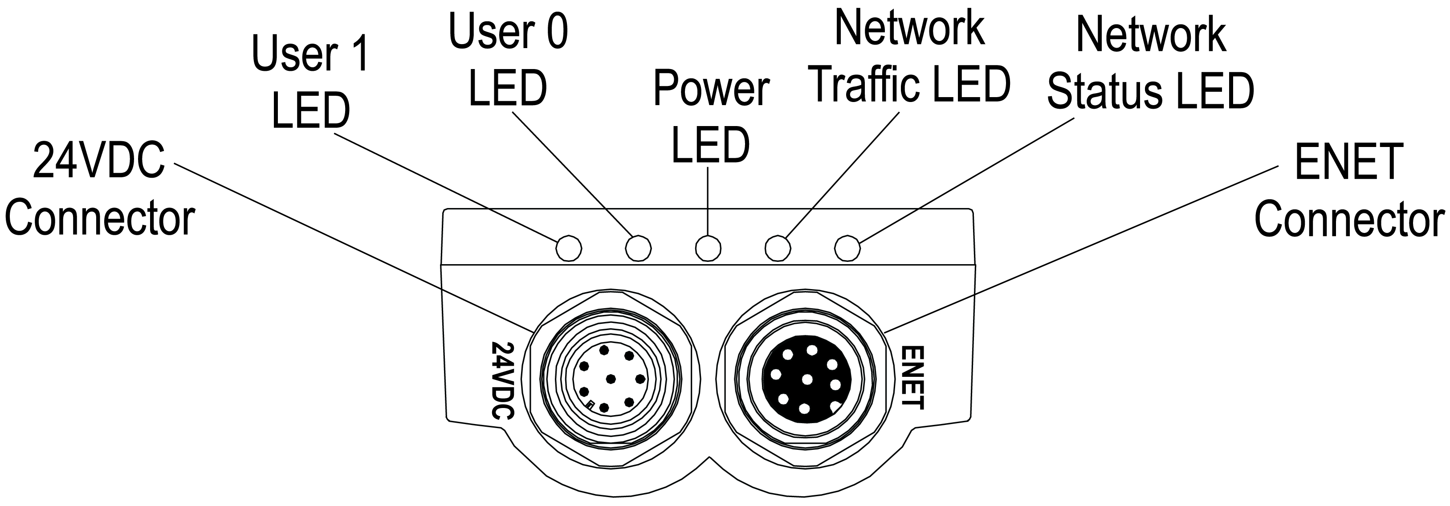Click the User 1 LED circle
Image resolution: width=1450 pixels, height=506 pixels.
click(x=569, y=248)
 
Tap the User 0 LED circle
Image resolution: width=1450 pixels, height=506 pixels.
click(x=638, y=248)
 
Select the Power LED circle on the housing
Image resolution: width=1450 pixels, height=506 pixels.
click(x=708, y=248)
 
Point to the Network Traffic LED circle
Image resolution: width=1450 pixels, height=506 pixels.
click(x=778, y=248)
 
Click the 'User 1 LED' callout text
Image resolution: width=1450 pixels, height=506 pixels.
click(x=310, y=81)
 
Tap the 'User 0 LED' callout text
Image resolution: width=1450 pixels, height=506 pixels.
click(x=508, y=60)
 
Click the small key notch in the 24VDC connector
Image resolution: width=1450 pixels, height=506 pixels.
click(x=591, y=405)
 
